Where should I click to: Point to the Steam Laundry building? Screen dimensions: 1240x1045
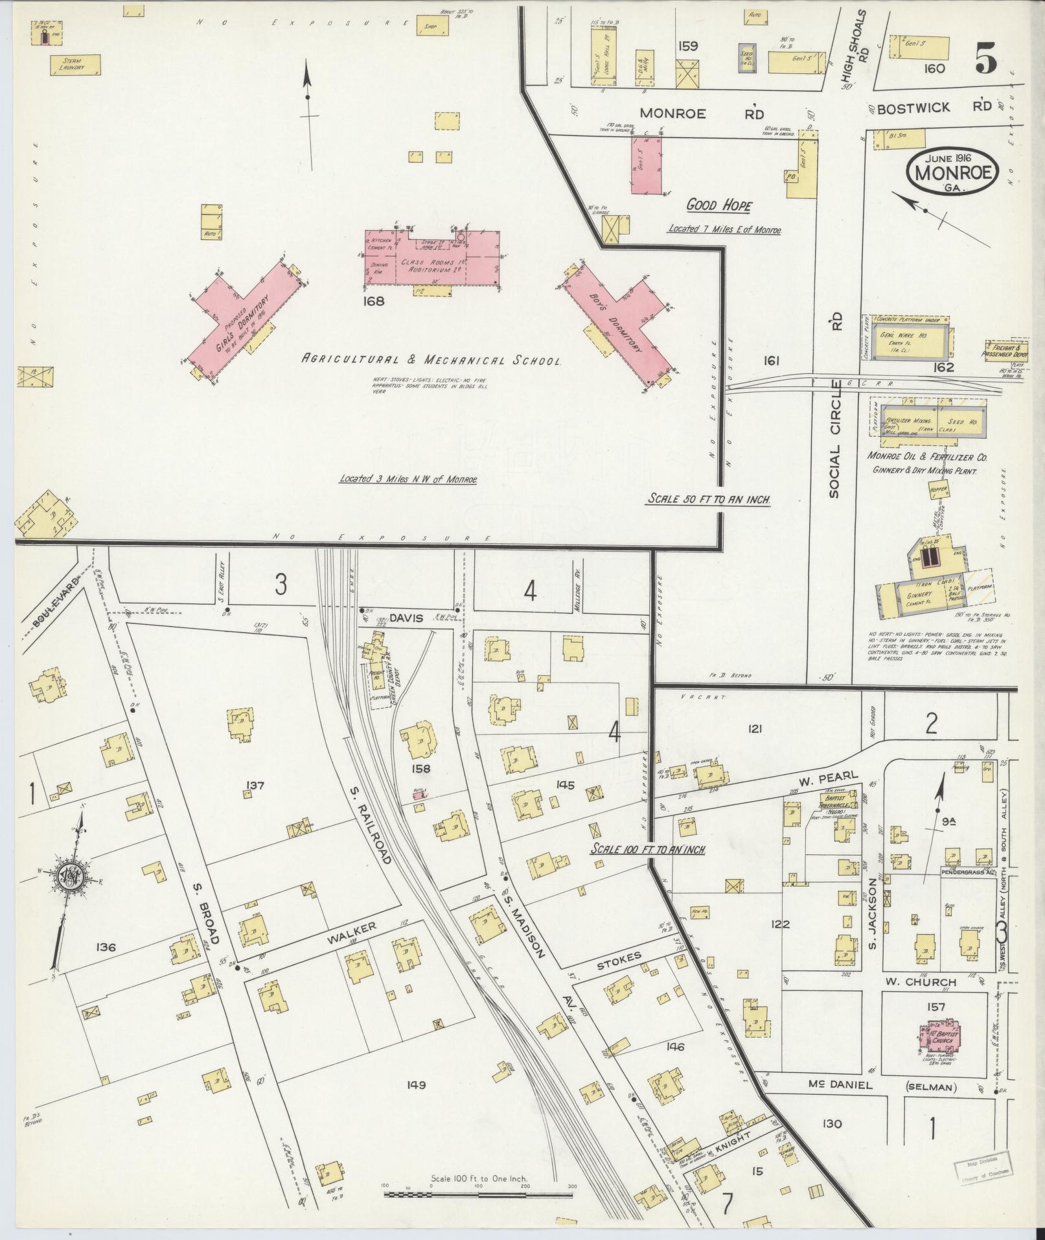(76, 65)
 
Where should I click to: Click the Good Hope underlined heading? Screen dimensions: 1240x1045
(719, 206)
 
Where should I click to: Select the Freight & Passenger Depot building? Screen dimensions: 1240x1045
(1006, 351)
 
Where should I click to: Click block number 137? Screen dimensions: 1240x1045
(254, 786)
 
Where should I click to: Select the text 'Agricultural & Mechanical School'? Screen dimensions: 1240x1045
(431, 360)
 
